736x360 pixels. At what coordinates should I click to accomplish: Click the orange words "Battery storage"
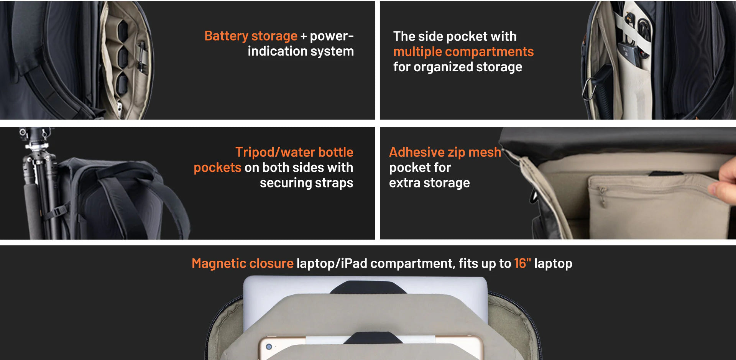(x=251, y=36)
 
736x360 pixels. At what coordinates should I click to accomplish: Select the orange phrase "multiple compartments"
(x=463, y=52)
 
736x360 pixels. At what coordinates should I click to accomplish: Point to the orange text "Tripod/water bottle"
(x=294, y=152)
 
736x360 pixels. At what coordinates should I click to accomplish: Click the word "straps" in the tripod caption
(x=333, y=183)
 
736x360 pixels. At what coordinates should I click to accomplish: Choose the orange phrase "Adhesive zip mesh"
(x=445, y=152)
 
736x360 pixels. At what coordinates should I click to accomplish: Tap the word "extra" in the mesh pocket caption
(x=405, y=183)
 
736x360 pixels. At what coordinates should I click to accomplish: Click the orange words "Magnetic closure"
(x=243, y=263)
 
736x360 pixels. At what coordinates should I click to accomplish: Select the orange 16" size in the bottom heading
(x=522, y=263)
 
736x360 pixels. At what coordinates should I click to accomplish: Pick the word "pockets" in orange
(x=217, y=168)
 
